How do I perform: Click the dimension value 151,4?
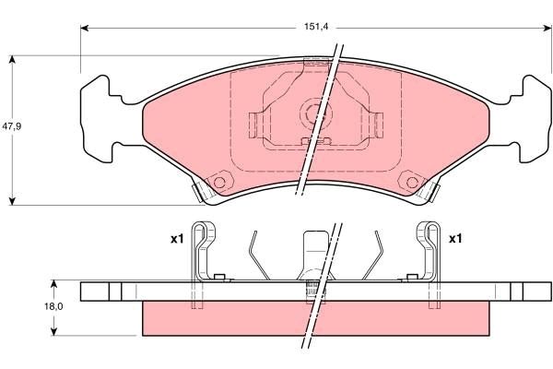tap(315, 27)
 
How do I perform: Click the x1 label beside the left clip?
tap(177, 239)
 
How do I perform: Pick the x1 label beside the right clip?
tap(454, 239)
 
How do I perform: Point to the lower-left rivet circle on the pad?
tap(219, 182)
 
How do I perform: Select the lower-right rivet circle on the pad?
tap(408, 182)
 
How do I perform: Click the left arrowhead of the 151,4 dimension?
tap(85, 28)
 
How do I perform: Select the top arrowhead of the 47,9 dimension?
tap(12, 60)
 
